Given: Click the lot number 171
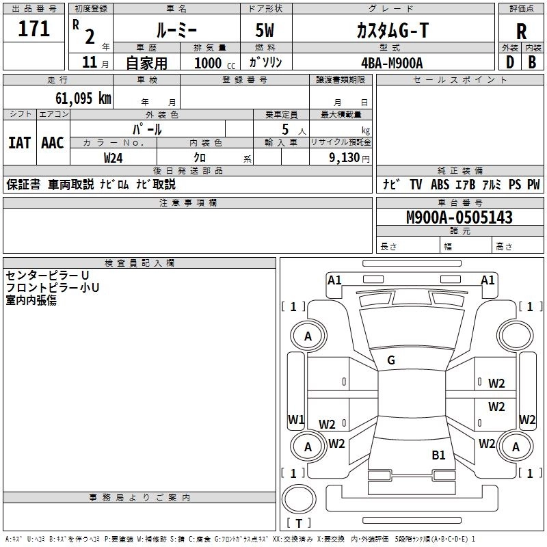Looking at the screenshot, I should pos(34,29).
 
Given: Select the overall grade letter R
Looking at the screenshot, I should pos(521,31).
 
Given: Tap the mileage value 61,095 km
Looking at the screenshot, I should pos(76,98).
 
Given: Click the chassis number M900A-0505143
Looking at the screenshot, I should pos(459,217).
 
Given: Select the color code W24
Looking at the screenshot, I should pos(114,157).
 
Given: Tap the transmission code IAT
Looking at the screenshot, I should pos(19,143).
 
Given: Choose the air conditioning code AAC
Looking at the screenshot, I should pos(53,143).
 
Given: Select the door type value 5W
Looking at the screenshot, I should pos(266,30).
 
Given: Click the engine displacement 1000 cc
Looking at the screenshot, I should pos(213,63).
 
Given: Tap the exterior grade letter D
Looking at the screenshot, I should pos(509,62).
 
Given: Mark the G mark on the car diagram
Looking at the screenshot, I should pos(391,360).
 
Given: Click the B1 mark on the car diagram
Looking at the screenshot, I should pos(438,455).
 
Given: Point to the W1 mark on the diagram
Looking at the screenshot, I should pos(295,419).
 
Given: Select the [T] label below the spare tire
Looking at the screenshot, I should pos(299,523).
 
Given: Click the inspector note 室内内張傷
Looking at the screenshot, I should pos(31,300).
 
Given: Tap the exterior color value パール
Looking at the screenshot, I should pos(147,129).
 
